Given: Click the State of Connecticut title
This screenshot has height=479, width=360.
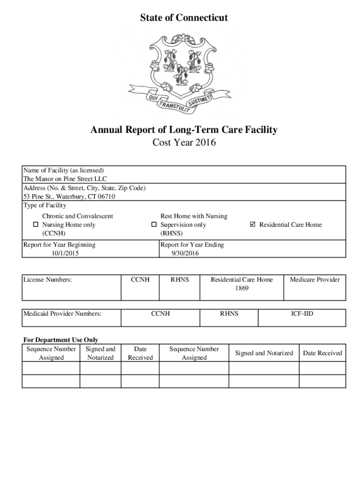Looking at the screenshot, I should [184, 18].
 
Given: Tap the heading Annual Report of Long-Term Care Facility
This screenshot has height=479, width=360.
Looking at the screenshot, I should [184, 130].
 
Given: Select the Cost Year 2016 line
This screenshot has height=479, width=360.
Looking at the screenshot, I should [184, 143].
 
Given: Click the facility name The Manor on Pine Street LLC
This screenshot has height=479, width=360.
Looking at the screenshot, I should [65, 179].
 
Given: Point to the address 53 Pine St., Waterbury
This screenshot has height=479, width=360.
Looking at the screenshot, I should [69, 196].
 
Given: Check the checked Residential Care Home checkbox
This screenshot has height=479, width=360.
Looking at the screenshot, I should [253, 225].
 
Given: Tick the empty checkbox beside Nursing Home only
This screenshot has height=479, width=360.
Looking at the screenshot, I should [35, 225].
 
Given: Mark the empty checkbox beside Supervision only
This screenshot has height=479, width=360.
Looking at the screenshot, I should [153, 225].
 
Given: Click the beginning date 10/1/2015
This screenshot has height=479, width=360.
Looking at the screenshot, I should [65, 253].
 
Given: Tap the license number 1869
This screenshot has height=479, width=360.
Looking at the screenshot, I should [241, 288].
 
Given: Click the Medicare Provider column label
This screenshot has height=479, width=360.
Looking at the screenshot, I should [315, 280].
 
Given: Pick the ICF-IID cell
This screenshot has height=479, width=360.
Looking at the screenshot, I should [302, 313].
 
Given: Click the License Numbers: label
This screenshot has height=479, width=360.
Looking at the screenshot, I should [48, 280].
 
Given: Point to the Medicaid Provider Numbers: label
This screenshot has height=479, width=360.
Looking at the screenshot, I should [62, 313].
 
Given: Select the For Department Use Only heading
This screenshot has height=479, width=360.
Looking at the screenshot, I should [61, 340].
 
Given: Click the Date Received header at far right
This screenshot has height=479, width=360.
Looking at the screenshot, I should [322, 353].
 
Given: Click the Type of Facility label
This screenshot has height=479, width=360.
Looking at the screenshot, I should [45, 205].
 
